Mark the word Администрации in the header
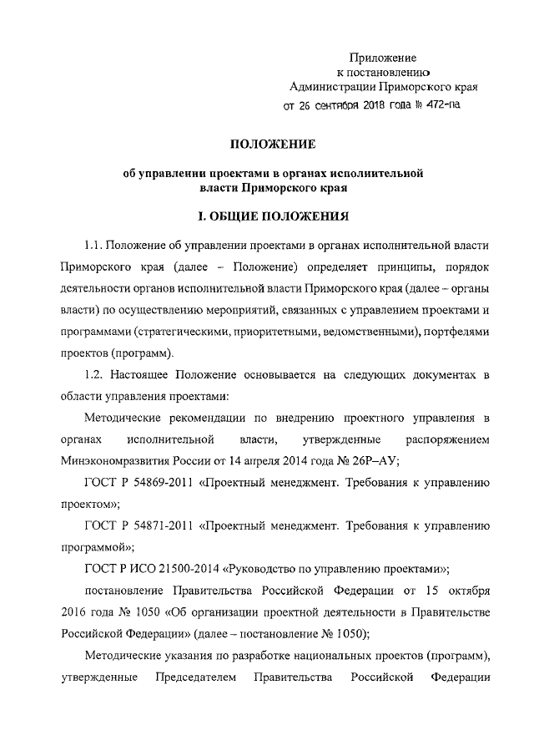click(x=330, y=86)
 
